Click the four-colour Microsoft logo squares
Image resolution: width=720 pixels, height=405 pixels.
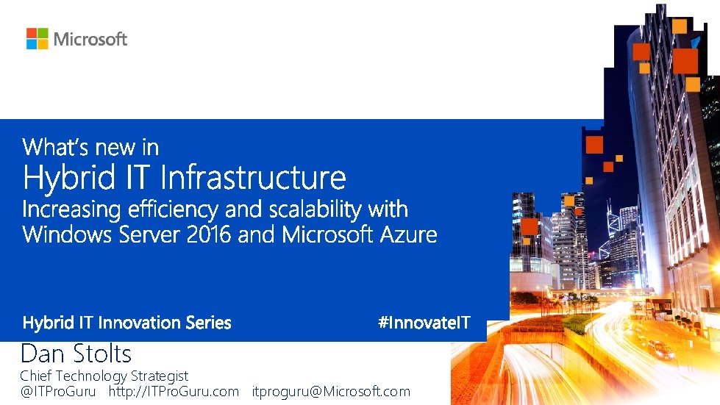tap(37, 39)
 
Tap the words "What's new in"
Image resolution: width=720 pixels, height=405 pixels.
tap(90, 147)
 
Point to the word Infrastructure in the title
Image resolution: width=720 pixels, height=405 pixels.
tap(252, 178)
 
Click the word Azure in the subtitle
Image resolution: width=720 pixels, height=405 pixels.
tap(408, 235)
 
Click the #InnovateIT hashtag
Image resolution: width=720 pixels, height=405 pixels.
tap(424, 323)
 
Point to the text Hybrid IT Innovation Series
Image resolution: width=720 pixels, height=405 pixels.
tap(126, 323)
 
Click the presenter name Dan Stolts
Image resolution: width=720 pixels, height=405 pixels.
tap(76, 354)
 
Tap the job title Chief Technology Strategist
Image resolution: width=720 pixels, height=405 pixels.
tap(104, 376)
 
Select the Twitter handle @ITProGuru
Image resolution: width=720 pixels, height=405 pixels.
tap(57, 392)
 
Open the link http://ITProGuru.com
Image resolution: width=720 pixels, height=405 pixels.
tap(174, 392)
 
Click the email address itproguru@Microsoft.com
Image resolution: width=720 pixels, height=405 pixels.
tap(331, 392)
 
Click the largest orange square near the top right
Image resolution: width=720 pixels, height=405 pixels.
tap(685, 60)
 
